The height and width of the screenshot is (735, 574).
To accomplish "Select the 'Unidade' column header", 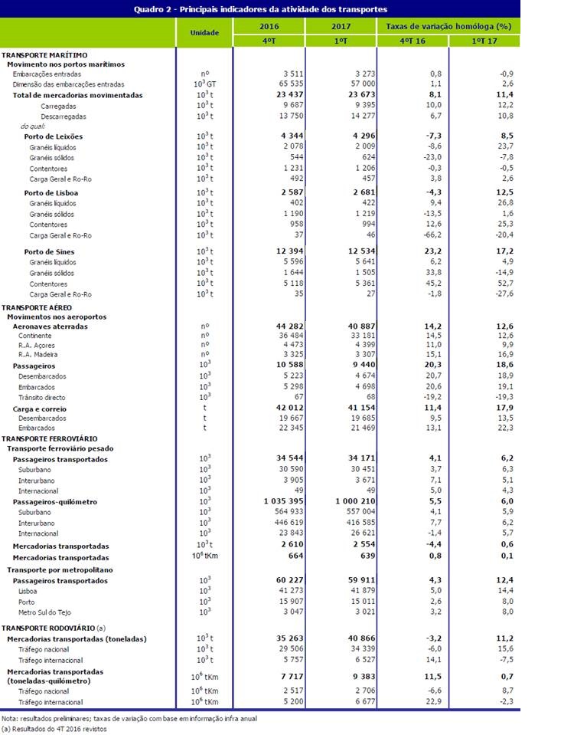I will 204,33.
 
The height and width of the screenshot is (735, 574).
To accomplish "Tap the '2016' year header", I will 269,26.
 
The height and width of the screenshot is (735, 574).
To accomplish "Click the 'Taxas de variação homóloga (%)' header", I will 448,26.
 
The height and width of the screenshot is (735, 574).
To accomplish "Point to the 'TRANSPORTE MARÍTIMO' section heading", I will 44,55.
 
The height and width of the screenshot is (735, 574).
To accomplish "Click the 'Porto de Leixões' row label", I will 54,136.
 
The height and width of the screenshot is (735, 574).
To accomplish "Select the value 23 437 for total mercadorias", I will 274,95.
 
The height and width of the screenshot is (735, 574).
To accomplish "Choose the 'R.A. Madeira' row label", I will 40,356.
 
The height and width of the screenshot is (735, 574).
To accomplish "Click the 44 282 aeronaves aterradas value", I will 274,326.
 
